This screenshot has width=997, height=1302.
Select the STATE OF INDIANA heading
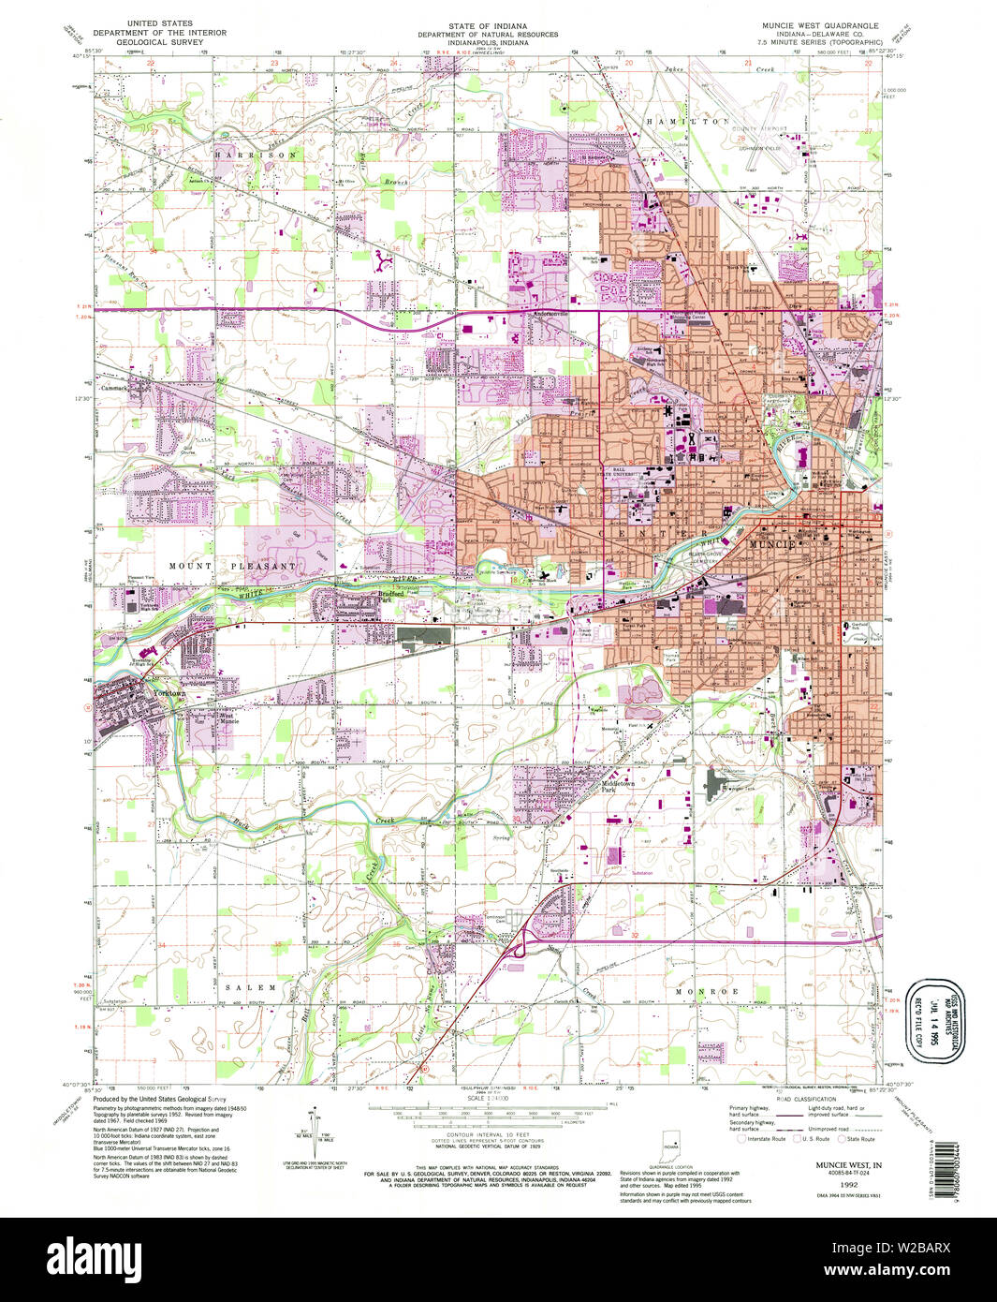pos(487,25)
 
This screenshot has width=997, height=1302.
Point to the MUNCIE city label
pos(771,544)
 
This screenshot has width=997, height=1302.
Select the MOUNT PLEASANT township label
pos(232,566)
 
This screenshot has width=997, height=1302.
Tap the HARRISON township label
pos(256,155)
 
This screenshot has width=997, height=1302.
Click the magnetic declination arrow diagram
pos(316,1127)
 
